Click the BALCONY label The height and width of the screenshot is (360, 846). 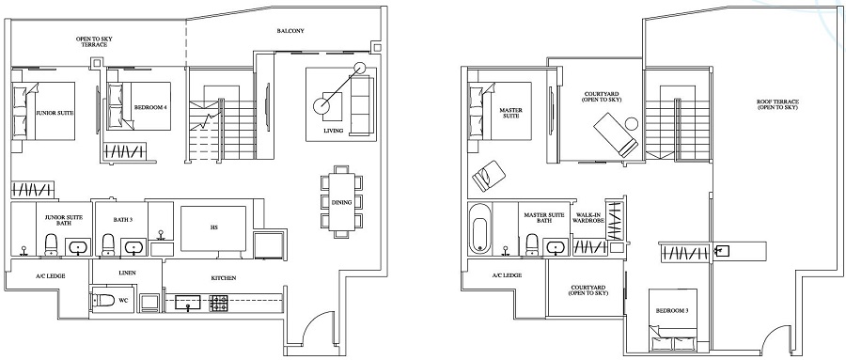point(290,31)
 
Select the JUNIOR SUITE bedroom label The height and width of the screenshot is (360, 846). point(55,112)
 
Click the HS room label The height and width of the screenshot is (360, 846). point(214,227)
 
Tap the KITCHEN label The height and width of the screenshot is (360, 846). point(223,278)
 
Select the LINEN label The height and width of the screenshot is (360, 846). point(128,273)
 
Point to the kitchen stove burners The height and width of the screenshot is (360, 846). point(218,303)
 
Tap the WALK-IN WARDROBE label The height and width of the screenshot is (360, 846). point(588,218)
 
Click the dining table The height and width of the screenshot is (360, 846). point(339,201)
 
